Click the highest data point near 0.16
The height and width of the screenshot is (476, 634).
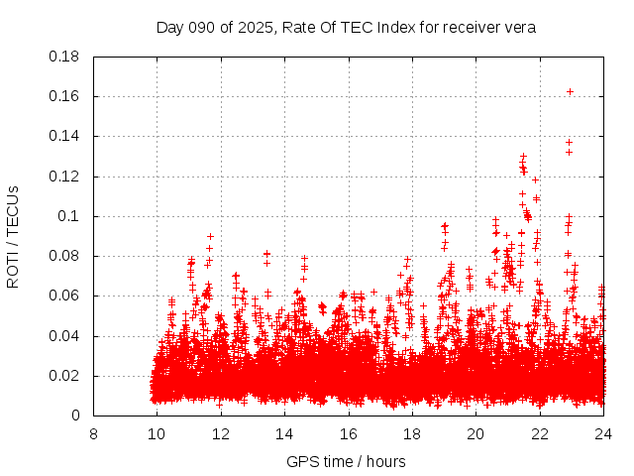pos(570,91)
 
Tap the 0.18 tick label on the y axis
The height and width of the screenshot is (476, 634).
pos(66,57)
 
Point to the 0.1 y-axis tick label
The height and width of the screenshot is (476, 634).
pos(72,216)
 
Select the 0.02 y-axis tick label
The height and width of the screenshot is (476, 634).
pos(66,376)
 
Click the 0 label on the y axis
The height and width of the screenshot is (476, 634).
pos(77,416)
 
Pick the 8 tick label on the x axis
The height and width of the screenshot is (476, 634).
pos(93,433)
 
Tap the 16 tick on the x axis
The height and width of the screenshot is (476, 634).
pos(348,433)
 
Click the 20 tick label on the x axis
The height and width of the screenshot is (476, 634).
pos(475,433)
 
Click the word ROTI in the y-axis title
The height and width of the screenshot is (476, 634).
pos(14,269)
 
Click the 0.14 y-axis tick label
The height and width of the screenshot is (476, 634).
pos(66,136)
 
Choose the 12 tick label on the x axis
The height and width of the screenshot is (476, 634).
pos(221,433)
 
